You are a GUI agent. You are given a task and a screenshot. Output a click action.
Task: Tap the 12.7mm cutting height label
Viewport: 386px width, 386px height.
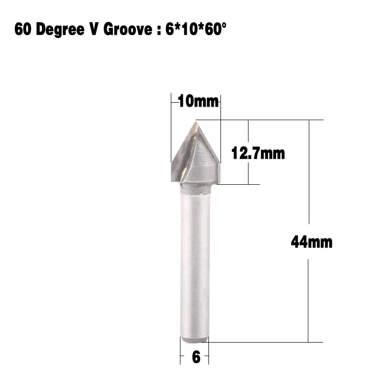pyautogui.click(x=258, y=153)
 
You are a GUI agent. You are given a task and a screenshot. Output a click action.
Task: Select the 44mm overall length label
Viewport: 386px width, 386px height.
pyautogui.click(x=311, y=241)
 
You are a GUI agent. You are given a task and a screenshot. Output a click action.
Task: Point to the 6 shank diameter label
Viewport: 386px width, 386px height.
pyautogui.click(x=196, y=358)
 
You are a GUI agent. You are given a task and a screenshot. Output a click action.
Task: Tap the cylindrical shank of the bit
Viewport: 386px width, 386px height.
pyautogui.click(x=195, y=261)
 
